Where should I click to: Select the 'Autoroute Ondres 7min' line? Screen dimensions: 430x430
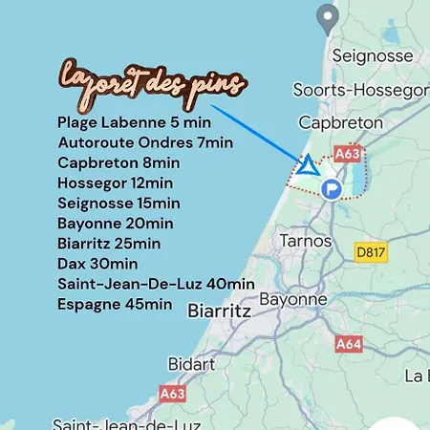(144, 142)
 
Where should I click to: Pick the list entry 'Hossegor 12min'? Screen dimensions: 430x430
(115, 183)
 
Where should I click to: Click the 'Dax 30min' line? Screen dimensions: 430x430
(97, 264)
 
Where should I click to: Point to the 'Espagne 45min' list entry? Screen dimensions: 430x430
(115, 304)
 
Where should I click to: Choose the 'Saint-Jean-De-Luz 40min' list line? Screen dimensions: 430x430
(156, 284)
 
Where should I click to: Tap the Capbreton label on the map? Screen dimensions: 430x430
(340, 123)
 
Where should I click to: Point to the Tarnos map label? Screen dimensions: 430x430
(305, 241)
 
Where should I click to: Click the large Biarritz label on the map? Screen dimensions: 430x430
(220, 312)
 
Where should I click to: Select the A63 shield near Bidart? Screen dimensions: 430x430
(172, 393)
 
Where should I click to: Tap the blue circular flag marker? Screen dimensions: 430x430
(332, 188)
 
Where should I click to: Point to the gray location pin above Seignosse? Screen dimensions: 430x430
(328, 16)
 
